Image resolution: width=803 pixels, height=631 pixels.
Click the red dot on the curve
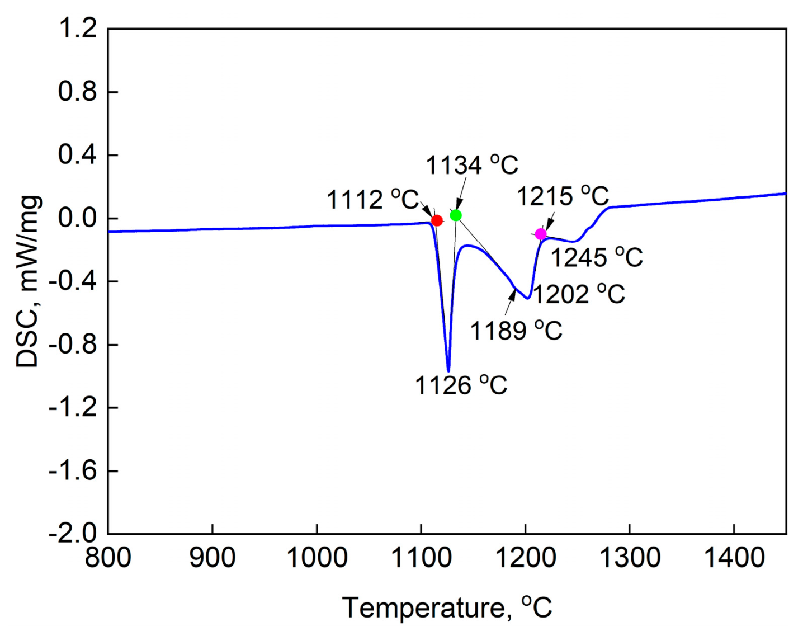(x=437, y=220)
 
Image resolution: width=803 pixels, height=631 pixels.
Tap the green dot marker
(x=456, y=215)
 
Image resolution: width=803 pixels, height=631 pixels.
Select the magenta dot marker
(x=541, y=234)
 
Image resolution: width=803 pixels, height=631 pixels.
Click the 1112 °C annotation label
(x=372, y=200)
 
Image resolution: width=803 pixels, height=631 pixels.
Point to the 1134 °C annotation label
(x=472, y=165)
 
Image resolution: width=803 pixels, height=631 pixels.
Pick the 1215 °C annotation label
(x=562, y=196)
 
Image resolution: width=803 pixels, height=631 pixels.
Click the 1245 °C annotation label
(x=597, y=257)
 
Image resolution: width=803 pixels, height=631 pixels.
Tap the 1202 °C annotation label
(x=578, y=294)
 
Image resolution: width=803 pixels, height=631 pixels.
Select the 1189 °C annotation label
(x=516, y=331)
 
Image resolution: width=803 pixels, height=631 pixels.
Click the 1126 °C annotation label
(x=461, y=385)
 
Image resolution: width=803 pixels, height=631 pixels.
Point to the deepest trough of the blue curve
(x=448, y=370)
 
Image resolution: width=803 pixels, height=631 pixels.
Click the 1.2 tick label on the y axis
(x=78, y=29)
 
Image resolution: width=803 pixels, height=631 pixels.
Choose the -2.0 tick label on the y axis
(x=73, y=534)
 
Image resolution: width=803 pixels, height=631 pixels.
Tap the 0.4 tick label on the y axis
(x=78, y=155)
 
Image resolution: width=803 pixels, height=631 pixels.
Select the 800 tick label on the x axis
(x=108, y=558)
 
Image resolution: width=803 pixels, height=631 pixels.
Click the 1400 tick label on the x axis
(x=734, y=558)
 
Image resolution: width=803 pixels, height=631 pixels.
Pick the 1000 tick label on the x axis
(x=317, y=558)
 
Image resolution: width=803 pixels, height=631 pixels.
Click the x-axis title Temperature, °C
(x=447, y=608)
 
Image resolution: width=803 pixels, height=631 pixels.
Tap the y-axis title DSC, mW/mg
(x=28, y=281)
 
